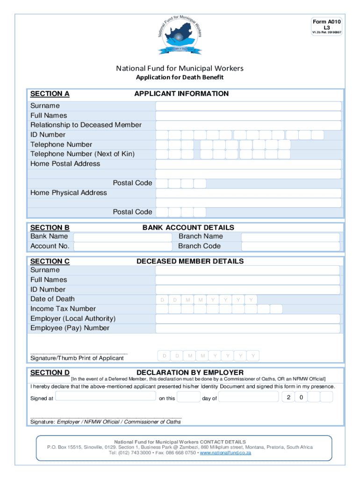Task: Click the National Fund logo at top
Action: pyautogui.click(x=180, y=34)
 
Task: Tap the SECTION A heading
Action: pyautogui.click(x=50, y=94)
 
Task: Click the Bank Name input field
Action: pyautogui.click(x=122, y=237)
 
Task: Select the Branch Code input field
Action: pyautogui.click(x=290, y=247)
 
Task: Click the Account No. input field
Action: pyautogui.click(x=122, y=247)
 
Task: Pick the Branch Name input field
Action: pyautogui.click(x=290, y=237)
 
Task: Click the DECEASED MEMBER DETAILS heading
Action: pyautogui.click(x=190, y=261)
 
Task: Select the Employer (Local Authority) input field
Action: pyautogui.click(x=247, y=319)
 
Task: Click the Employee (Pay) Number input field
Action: pyautogui.click(x=247, y=328)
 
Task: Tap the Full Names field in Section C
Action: pyautogui.click(x=247, y=280)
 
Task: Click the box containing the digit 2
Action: pyautogui.click(x=288, y=397)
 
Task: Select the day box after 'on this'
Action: pyautogui.click(x=189, y=397)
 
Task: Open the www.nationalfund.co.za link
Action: pyautogui.click(x=225, y=453)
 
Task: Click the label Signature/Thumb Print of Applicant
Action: pyautogui.click(x=77, y=358)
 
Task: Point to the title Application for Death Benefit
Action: pyautogui.click(x=180, y=78)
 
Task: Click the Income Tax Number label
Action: pyautogui.click(x=63, y=309)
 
